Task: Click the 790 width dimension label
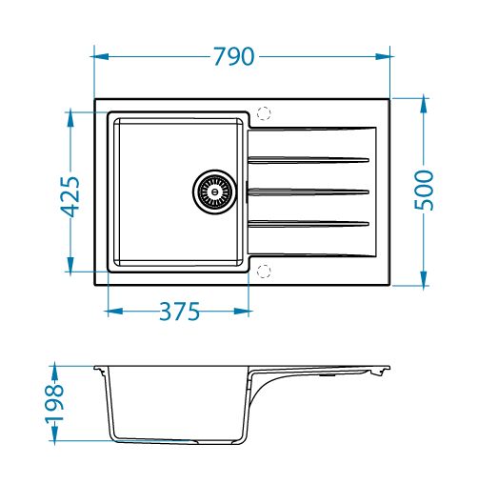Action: (234, 56)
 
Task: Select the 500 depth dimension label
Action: (424, 191)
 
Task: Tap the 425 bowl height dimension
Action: (70, 196)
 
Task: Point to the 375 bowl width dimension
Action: (179, 312)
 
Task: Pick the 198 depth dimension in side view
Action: (54, 404)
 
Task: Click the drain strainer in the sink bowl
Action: (215, 192)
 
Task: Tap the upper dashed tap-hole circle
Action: (264, 113)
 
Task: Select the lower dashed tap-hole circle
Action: (264, 271)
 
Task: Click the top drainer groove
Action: (309, 160)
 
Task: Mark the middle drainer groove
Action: (309, 192)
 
